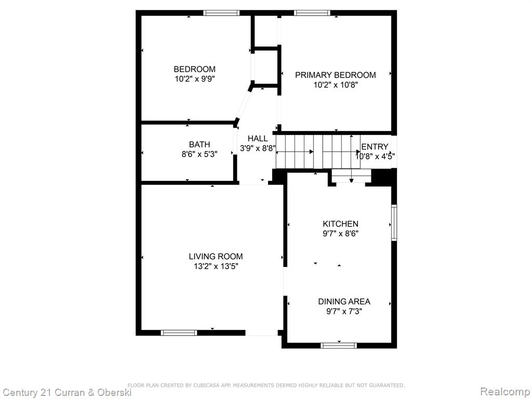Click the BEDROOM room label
(194, 69)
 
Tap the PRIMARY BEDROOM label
(335, 75)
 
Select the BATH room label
(199, 144)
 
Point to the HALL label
(258, 138)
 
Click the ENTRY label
(375, 147)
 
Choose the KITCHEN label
(340, 224)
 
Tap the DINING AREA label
(344, 301)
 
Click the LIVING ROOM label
(216, 257)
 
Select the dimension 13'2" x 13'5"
(216, 267)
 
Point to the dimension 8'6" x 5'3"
(199, 154)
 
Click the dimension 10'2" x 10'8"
(336, 85)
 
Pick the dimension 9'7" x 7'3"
(344, 311)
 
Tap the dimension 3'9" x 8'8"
(258, 148)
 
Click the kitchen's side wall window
(394, 222)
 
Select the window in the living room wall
(179, 333)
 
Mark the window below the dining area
(339, 345)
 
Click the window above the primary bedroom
(312, 13)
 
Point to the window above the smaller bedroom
(221, 13)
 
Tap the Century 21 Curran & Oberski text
(67, 393)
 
